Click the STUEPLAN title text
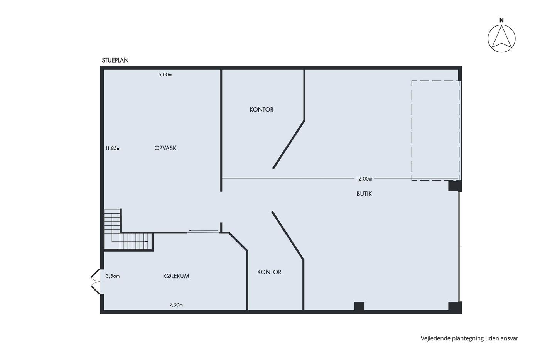115,60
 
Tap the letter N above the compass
501,20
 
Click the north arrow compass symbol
501,39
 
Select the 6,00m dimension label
165,75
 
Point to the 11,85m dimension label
113,148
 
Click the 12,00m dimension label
364,179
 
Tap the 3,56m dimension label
113,276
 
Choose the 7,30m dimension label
176,305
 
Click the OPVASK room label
165,148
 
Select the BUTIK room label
364,194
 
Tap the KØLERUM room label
176,276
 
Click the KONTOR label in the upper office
262,110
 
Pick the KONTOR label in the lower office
269,272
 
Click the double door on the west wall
95,282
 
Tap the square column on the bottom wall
359,306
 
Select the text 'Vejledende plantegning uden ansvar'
469,338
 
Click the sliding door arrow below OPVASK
204,231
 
